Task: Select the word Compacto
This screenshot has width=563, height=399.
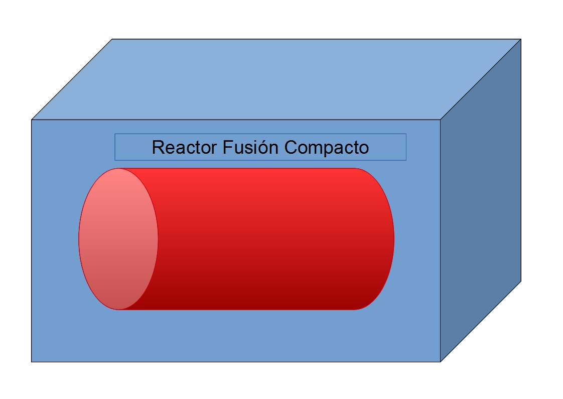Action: (327, 147)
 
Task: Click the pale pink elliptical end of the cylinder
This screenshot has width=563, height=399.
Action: (118, 239)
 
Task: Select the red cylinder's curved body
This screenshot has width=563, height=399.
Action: (256, 239)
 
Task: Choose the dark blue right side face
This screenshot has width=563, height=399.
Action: (481, 201)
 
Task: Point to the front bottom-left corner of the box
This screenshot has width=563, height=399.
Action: (32, 361)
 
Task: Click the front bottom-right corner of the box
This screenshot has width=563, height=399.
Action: (441, 361)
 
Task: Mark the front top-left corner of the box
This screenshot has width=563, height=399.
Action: (32, 120)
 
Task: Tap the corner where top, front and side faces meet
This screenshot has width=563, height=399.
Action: (441, 120)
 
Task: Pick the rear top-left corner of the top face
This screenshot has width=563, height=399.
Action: (112, 39)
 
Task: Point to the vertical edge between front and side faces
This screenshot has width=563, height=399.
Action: (441, 241)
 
